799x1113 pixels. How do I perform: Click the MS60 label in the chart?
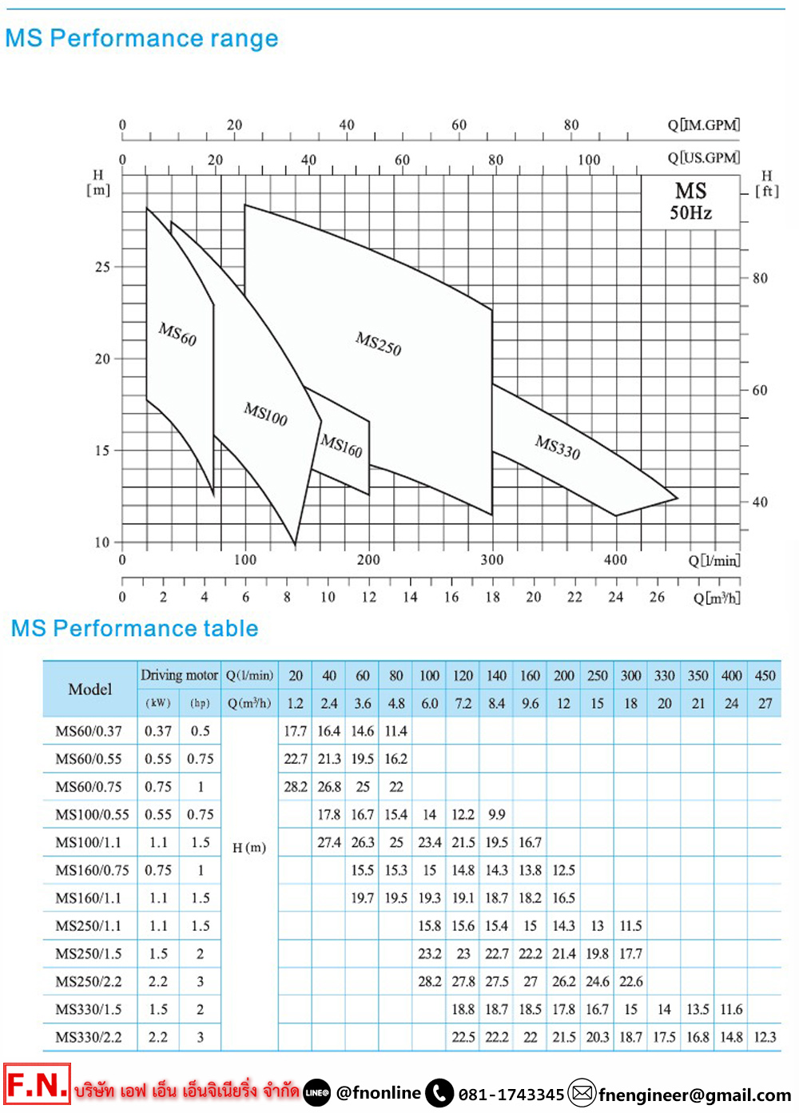click(177, 334)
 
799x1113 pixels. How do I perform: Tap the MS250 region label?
click(379, 344)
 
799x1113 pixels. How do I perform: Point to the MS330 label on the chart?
click(558, 447)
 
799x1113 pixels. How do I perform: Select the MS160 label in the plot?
click(342, 446)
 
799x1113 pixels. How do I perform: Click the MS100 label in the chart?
click(266, 414)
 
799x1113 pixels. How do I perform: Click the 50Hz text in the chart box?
click(691, 213)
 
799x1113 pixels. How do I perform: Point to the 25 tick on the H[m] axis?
click(103, 267)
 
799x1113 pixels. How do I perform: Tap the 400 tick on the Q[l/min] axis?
click(615, 560)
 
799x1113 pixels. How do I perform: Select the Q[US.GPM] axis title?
click(704, 158)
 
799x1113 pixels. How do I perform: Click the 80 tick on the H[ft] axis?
click(760, 278)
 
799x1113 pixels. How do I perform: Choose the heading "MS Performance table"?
click(134, 629)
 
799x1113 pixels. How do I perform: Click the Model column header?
click(90, 689)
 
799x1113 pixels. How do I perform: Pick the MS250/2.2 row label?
click(89, 981)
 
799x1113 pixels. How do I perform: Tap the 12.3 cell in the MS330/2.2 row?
click(765, 1037)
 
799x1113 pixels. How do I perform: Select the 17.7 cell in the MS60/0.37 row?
click(296, 731)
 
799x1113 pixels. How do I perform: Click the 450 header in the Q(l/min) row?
click(765, 675)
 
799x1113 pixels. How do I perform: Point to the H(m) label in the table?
click(249, 848)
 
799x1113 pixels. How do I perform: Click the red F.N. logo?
click(37, 1085)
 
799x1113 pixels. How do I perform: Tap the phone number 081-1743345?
click(511, 1095)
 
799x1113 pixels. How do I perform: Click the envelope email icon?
click(582, 1092)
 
